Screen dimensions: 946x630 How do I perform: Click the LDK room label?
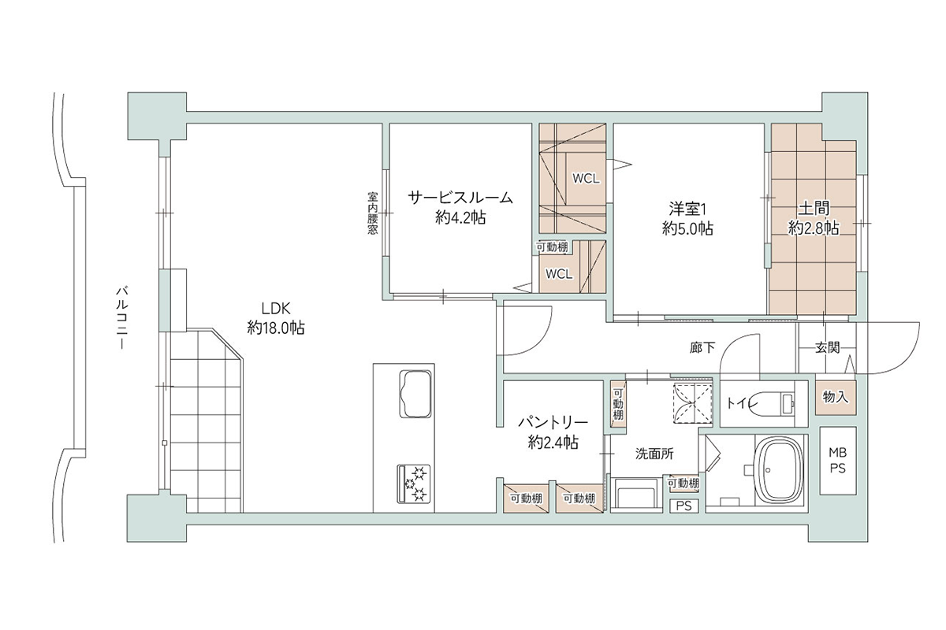click(x=276, y=309)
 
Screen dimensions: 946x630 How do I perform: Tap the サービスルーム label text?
click(x=460, y=198)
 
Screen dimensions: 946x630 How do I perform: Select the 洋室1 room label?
click(x=687, y=209)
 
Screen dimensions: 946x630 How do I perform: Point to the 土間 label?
click(x=814, y=208)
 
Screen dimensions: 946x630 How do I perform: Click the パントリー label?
click(x=553, y=422)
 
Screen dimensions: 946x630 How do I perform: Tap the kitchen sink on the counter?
click(x=415, y=394)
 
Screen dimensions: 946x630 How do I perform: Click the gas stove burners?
click(x=413, y=484)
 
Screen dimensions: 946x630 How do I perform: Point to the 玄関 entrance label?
click(x=827, y=348)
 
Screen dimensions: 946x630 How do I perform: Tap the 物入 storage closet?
click(x=836, y=397)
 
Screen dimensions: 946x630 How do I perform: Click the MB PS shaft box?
click(x=838, y=461)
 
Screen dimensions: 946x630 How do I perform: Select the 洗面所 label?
click(x=654, y=454)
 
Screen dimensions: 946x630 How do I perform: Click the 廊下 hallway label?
click(x=702, y=347)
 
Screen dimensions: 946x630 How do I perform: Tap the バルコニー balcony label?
click(x=122, y=318)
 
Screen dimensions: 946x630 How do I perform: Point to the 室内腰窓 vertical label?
click(x=372, y=213)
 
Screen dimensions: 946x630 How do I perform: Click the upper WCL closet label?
click(x=586, y=179)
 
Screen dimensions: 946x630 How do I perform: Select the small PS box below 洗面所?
click(x=684, y=506)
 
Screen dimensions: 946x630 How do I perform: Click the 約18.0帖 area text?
click(x=276, y=328)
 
